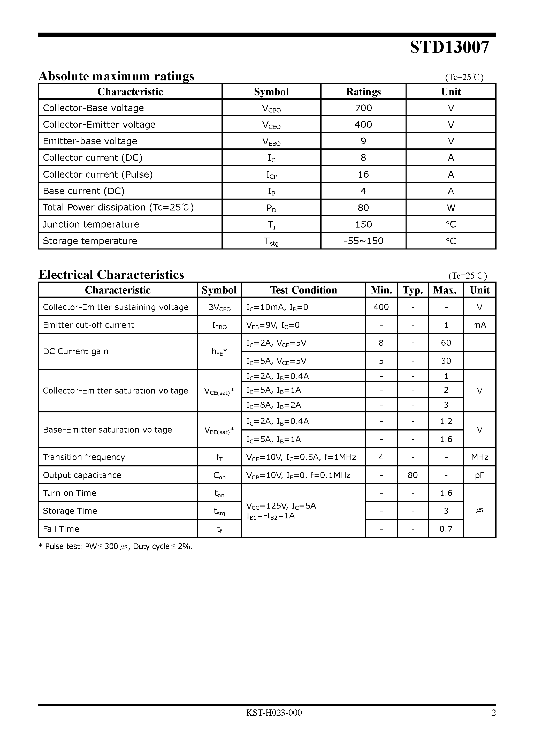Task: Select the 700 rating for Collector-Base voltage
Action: pyautogui.click(x=363, y=108)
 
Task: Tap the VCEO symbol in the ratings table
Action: pyautogui.click(x=271, y=125)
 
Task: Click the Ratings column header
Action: pyautogui.click(x=363, y=92)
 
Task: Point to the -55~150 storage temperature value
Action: pyautogui.click(x=363, y=241)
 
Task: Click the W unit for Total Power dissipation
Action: pyautogui.click(x=451, y=208)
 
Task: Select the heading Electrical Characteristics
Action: pyautogui.click(x=111, y=275)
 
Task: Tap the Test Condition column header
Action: pyautogui.click(x=303, y=290)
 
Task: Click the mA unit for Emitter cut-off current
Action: pyautogui.click(x=479, y=325)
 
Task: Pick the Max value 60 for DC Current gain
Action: pyautogui.click(x=446, y=343)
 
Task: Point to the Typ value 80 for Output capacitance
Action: pyautogui.click(x=413, y=475)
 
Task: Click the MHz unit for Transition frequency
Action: pyautogui.click(x=479, y=457)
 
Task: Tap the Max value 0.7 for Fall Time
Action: pyautogui.click(x=446, y=529)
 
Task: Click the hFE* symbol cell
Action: pyautogui.click(x=219, y=352)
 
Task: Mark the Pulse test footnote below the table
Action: pyautogui.click(x=115, y=547)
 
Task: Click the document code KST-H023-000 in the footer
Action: pyautogui.click(x=274, y=713)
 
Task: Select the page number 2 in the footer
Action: pyautogui.click(x=493, y=713)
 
